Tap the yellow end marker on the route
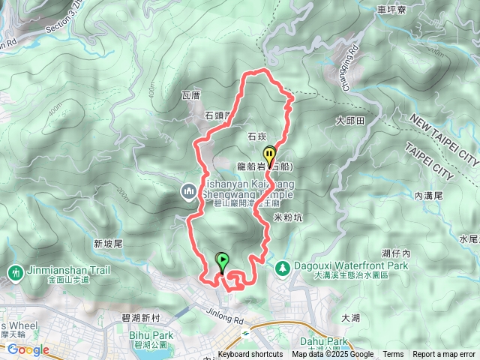pos(269,154)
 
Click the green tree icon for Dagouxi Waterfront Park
pos(282,266)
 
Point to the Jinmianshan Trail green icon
pos(13,271)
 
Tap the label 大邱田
pos(349,120)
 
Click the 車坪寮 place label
pos(393,10)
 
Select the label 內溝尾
pos(429,195)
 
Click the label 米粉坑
pos(288,218)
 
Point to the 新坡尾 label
pos(108,244)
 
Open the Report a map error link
pos(444,355)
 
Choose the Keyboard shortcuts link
pos(250,355)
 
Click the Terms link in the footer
pos(393,355)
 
